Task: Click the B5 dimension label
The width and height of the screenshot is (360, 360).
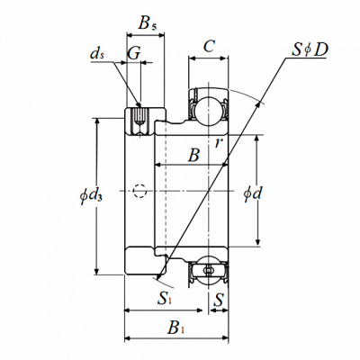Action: [x=147, y=23]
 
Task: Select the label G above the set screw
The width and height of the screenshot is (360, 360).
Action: [x=133, y=53]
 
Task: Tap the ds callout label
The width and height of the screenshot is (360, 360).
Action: [x=97, y=54]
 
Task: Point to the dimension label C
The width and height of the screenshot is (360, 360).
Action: [x=209, y=47]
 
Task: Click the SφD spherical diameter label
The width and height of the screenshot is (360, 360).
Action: [x=310, y=49]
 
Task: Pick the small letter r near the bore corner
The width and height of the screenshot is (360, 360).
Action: [x=219, y=143]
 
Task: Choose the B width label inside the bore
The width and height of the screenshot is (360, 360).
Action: [x=193, y=156]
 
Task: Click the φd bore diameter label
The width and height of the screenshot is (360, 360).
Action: [x=253, y=193]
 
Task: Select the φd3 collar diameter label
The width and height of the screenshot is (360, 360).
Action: [x=92, y=195]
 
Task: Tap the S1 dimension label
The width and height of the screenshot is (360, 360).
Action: [x=165, y=299]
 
